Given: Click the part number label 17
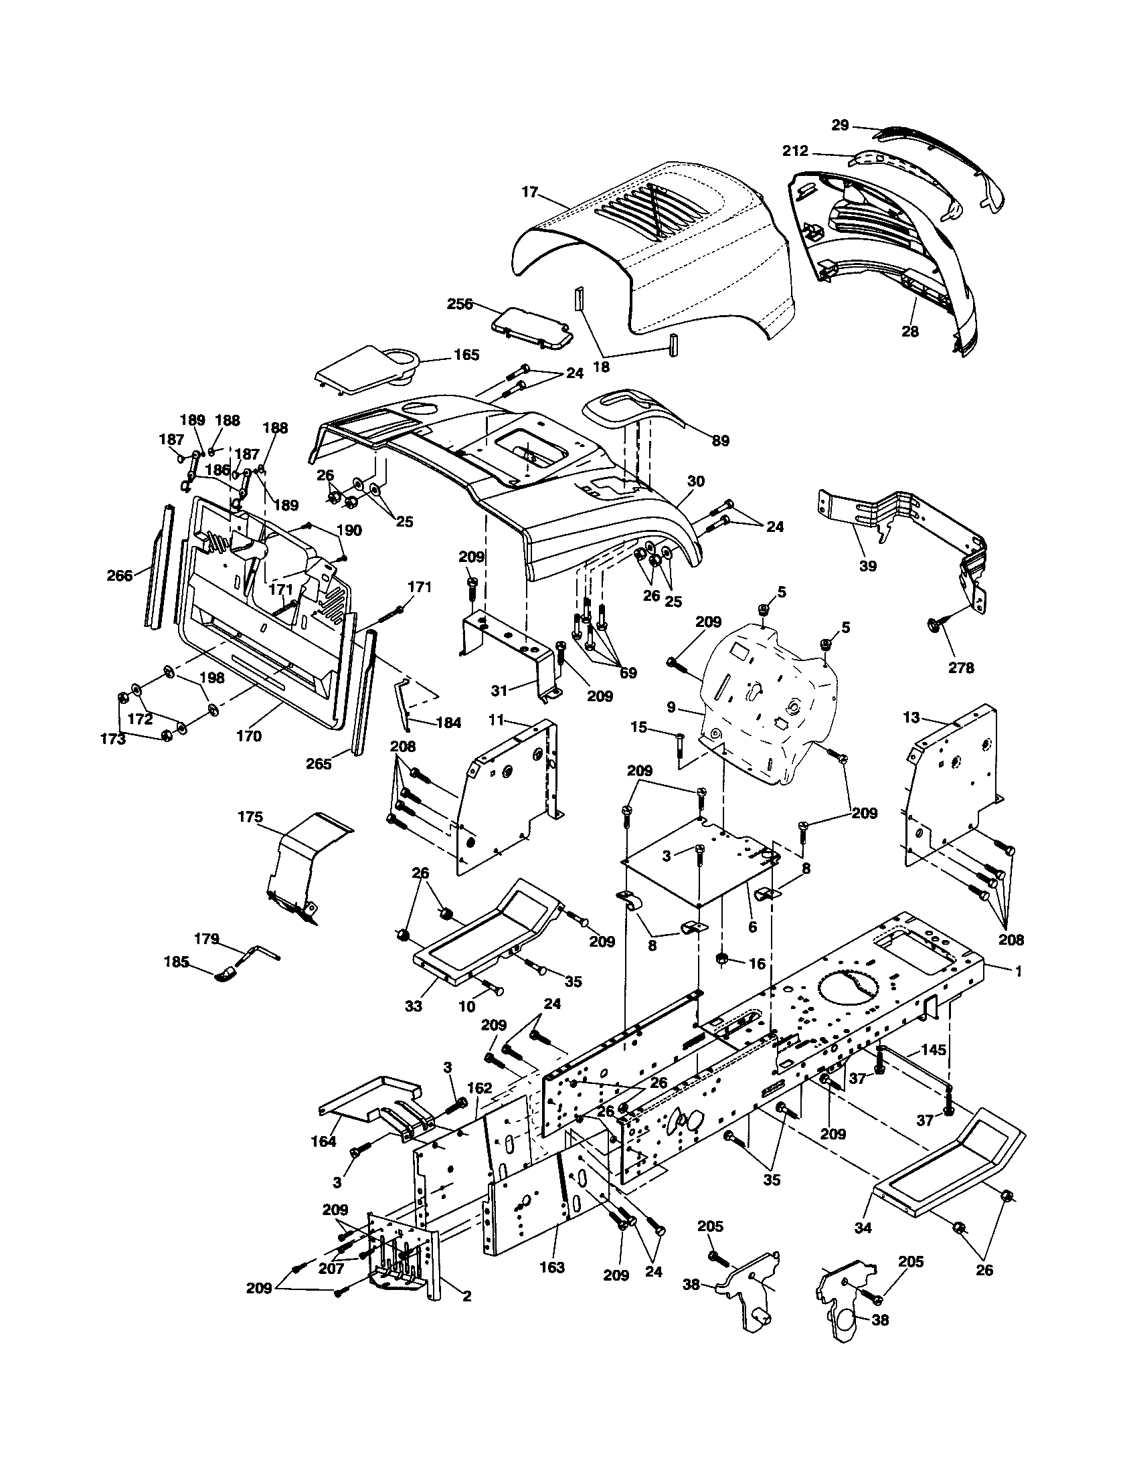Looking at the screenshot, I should point(530,192).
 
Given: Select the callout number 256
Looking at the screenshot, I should point(460,304).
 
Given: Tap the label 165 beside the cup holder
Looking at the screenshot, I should point(466,355).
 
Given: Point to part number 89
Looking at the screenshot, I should point(721,441).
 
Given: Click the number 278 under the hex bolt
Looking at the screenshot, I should point(961,668).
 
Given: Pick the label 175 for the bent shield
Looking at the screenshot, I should point(250,817).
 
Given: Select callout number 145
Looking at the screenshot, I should point(934,1049).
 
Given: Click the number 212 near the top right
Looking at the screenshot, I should point(795,151).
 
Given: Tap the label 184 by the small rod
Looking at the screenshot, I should point(448,723).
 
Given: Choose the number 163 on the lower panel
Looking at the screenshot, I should point(552,1268).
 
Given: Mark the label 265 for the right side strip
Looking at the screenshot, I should point(319,763).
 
